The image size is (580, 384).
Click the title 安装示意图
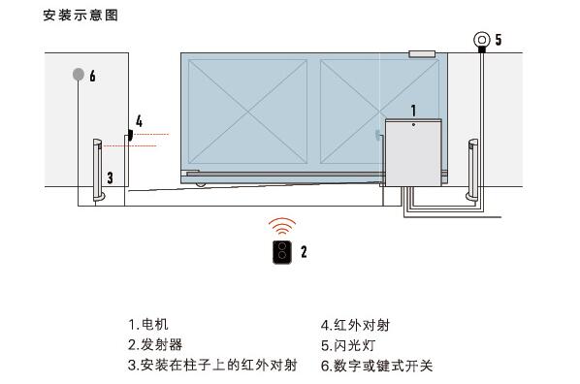[x=81, y=16]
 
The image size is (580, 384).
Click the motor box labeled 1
[x=413, y=150]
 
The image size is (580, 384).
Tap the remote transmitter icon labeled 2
[x=281, y=251]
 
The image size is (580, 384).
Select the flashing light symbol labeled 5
[x=480, y=40]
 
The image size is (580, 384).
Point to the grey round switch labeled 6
[x=77, y=74]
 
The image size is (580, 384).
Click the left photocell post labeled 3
[x=98, y=169]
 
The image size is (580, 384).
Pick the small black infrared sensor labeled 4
[x=126, y=136]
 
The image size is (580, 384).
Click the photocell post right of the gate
[x=472, y=169]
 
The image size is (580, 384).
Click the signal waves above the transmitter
[x=281, y=227]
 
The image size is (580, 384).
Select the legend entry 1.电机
[x=154, y=325]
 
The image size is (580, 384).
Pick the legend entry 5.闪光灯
[x=349, y=344]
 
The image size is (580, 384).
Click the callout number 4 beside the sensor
[x=140, y=121]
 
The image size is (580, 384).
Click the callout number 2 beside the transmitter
[x=304, y=251]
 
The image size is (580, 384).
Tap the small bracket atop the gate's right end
[x=421, y=54]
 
